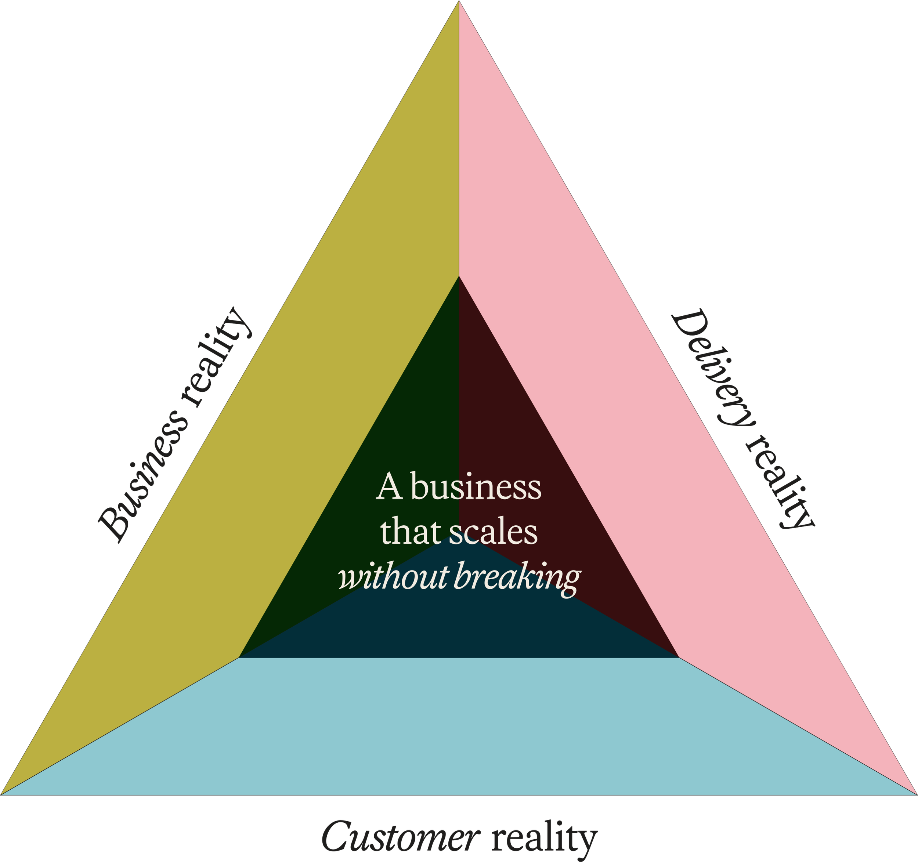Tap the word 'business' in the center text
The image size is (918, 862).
coord(476,487)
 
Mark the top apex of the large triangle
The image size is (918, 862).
coord(459,2)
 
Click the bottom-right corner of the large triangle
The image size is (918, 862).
coord(916,794)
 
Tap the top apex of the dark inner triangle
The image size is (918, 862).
coord(459,277)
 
